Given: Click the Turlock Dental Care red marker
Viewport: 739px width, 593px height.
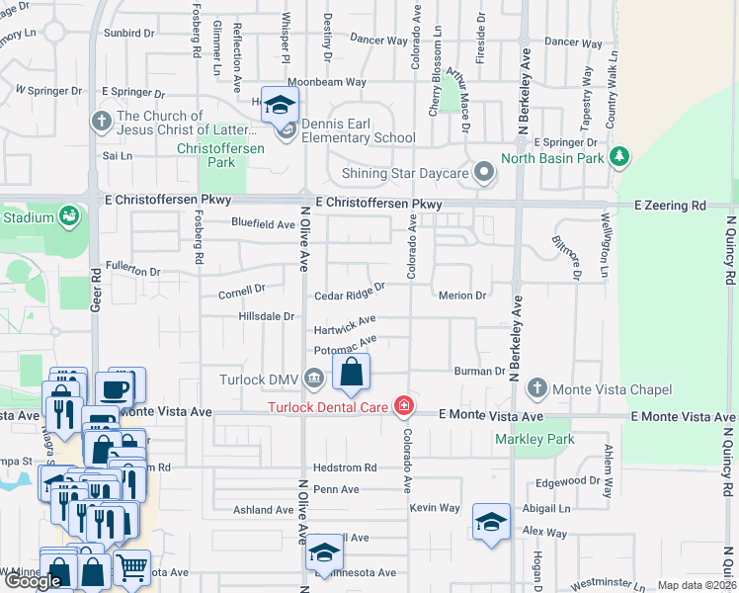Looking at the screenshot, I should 403,405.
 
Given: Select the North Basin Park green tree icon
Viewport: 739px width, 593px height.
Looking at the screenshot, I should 619,156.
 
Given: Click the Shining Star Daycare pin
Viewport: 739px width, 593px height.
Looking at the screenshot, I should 483,172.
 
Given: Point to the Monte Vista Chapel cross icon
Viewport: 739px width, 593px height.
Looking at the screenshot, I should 536,387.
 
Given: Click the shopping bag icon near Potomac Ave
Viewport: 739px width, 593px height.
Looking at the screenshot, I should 351,373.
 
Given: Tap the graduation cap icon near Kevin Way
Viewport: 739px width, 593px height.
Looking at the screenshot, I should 491,521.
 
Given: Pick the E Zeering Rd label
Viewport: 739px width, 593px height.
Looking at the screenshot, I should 670,205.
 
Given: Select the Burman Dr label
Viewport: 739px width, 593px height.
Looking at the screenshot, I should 480,372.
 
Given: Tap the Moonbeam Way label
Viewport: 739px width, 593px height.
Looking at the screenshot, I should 327,82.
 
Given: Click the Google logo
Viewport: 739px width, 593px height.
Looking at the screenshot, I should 34,580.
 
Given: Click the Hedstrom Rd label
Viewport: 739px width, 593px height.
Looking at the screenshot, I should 345,467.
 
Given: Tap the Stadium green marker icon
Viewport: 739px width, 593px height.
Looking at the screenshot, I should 68,214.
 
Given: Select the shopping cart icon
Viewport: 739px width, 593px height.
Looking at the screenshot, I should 131,567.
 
